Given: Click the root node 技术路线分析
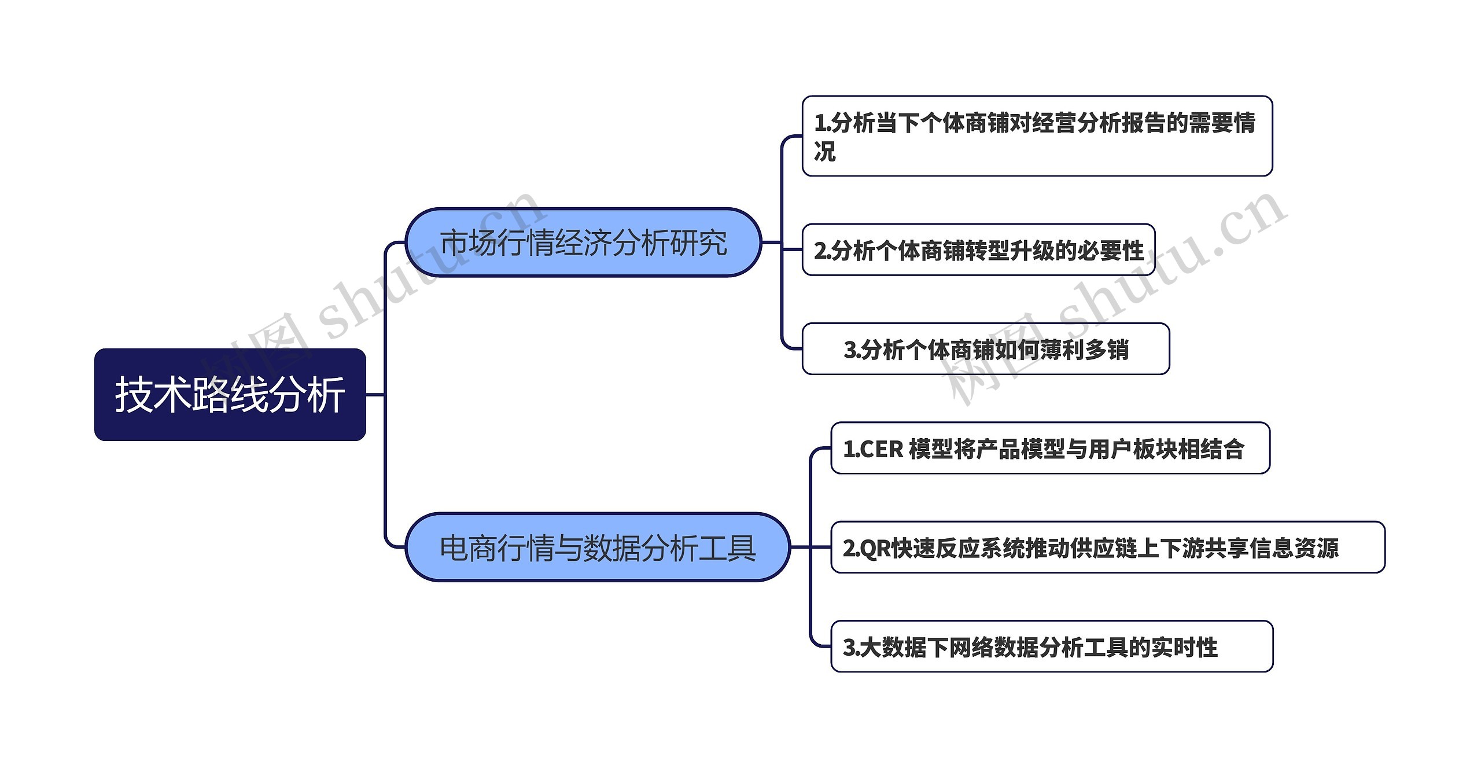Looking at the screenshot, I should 230,395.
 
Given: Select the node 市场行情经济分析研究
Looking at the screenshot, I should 583,242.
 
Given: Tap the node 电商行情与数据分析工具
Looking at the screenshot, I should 597,547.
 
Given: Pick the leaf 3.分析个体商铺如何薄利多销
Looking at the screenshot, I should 985,349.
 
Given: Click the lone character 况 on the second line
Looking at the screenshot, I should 825,152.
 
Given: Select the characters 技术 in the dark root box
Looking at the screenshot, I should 153,395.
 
